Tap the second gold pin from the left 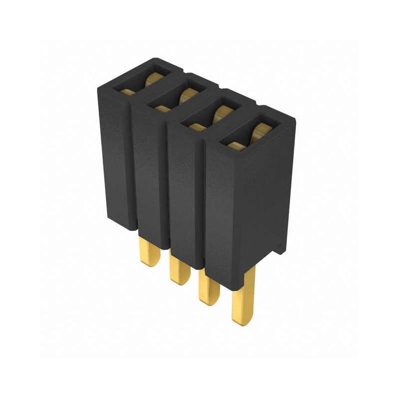[x=179, y=269]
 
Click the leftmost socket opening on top [x=142, y=80]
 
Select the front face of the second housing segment [x=148, y=170]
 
